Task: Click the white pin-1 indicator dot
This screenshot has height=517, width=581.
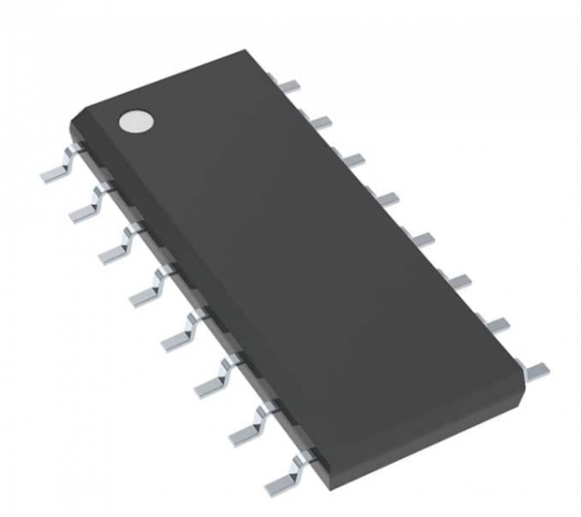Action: (137, 120)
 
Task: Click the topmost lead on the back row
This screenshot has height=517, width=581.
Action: (288, 85)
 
